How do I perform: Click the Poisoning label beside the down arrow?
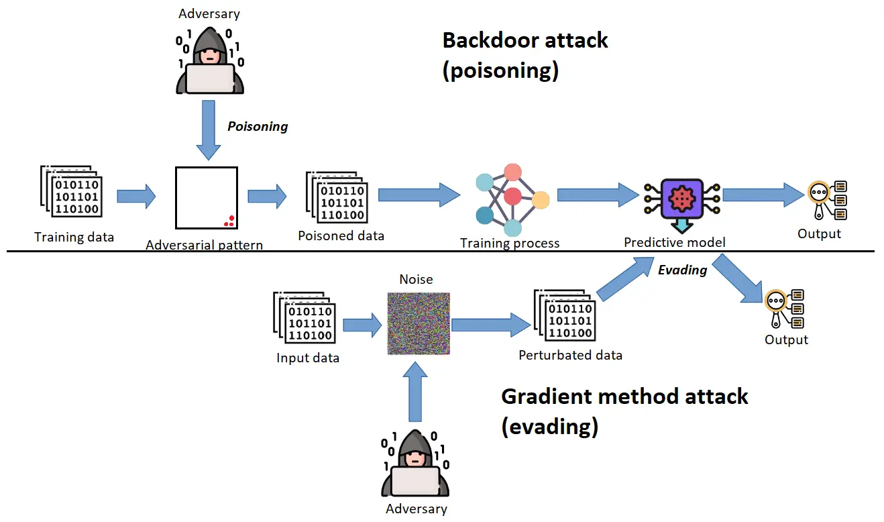[x=258, y=126]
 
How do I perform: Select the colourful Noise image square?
[x=418, y=323]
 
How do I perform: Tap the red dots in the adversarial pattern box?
[x=229, y=221]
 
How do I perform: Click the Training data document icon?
[x=70, y=192]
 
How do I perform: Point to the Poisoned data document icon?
[x=335, y=197]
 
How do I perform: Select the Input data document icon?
[x=305, y=319]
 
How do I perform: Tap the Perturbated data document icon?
[x=564, y=314]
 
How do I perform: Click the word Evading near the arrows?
[x=683, y=270]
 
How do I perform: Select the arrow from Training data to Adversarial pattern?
[x=136, y=197]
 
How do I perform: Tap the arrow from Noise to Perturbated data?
[x=491, y=325]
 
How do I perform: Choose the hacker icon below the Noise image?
[x=415, y=463]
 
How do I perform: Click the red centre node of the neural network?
[x=513, y=197]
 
